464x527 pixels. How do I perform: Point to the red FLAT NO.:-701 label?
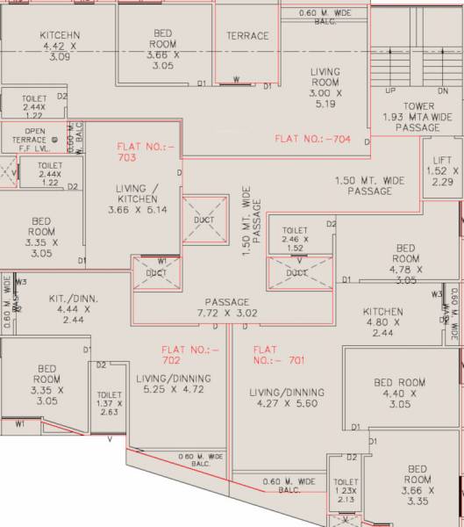(x=278, y=354)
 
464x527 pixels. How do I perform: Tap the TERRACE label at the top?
(x=247, y=36)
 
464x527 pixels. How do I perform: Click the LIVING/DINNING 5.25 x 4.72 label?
(x=174, y=384)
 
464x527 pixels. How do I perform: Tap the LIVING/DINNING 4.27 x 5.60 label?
(x=287, y=398)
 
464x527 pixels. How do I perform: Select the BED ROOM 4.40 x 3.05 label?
(x=400, y=393)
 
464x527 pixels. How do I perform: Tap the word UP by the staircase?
(x=390, y=91)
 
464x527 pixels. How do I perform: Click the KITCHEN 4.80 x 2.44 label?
(x=383, y=321)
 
